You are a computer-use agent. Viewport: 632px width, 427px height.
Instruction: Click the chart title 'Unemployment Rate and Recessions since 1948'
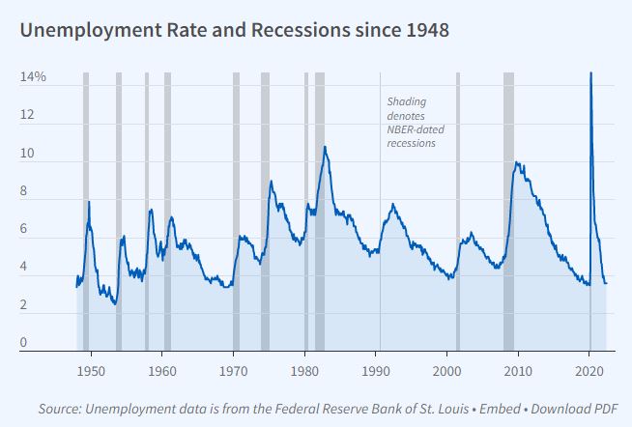tap(235, 31)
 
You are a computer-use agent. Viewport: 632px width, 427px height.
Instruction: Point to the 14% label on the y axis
tap(33, 76)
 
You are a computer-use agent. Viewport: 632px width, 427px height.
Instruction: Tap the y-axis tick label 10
tap(27, 154)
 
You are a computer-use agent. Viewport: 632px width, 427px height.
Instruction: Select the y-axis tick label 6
tap(23, 228)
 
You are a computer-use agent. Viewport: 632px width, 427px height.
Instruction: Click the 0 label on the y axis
tap(23, 342)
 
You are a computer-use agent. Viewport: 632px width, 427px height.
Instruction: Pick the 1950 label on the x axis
tap(91, 371)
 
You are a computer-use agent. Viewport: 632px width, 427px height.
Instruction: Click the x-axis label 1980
tap(304, 371)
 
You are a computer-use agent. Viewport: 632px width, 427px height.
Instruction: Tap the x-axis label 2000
tap(446, 371)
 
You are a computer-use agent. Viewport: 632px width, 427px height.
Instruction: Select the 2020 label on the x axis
tap(589, 371)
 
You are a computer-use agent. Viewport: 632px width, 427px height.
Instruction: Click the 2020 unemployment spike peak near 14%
tap(590, 72)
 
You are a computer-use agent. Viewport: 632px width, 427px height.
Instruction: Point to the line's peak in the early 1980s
tap(325, 147)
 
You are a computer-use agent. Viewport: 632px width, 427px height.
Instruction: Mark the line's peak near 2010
tap(516, 162)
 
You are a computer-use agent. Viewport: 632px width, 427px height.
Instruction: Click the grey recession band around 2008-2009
tap(508, 212)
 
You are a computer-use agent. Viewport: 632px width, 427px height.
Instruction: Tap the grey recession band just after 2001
tap(458, 212)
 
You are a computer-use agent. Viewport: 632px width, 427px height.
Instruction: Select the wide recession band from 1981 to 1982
tap(320, 212)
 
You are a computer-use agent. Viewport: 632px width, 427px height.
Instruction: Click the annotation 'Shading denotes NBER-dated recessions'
tap(416, 123)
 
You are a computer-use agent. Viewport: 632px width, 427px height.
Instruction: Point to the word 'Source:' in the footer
tap(60, 409)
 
